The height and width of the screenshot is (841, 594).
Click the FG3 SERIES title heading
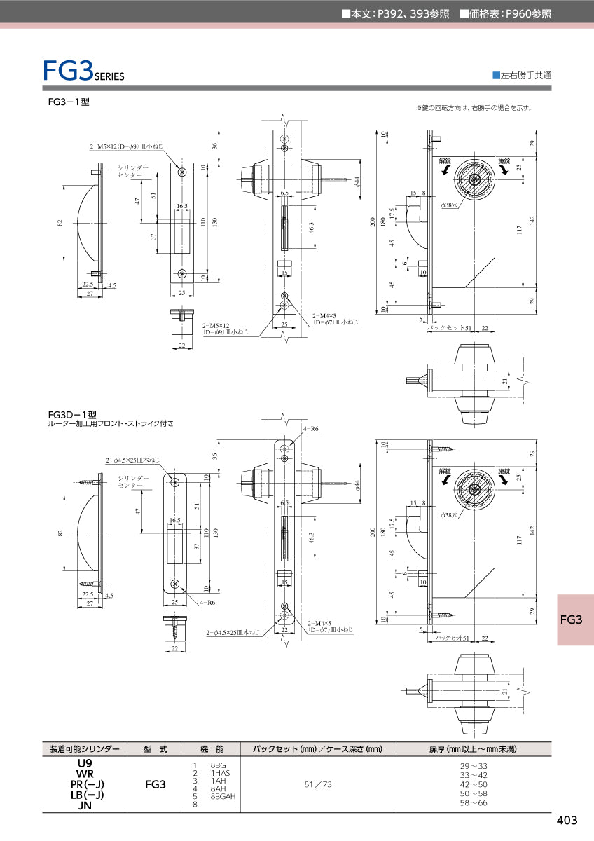(83, 71)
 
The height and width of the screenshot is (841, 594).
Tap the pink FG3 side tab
(572, 620)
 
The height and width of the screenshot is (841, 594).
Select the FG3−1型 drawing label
(69, 102)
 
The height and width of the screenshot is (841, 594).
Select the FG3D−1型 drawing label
(71, 414)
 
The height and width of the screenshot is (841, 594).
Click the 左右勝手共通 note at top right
(522, 75)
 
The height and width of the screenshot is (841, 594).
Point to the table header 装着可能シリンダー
(85, 749)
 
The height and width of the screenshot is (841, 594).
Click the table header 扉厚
(473, 749)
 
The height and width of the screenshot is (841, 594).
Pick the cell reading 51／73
(318, 784)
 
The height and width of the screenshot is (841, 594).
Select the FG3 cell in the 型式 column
(155, 784)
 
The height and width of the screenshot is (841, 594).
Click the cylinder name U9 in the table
(85, 763)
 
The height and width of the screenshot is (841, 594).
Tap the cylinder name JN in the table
(85, 805)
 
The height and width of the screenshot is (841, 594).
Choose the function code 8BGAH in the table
(223, 797)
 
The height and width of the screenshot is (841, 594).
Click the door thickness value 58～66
(473, 803)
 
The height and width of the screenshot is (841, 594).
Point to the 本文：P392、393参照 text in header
(395, 13)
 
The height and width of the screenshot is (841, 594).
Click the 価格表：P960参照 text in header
(505, 13)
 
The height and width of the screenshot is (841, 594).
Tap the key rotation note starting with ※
(474, 108)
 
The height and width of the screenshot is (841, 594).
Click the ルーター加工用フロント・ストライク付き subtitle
(111, 424)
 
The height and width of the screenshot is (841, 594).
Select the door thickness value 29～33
(473, 766)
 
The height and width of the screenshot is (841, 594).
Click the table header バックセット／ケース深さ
(318, 749)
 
